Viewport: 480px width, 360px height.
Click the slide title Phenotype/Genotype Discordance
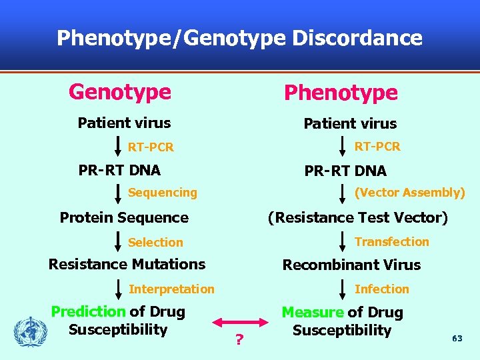pyautogui.click(x=239, y=38)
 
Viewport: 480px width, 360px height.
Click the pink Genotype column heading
pyautogui.click(x=120, y=91)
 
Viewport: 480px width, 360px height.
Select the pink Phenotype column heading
pyautogui.click(x=341, y=93)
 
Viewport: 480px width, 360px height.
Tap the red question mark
pyautogui.click(x=238, y=341)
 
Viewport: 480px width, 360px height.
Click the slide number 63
pyautogui.click(x=457, y=339)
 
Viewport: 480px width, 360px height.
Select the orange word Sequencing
pyautogui.click(x=162, y=193)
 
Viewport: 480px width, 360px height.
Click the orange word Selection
pyautogui.click(x=155, y=243)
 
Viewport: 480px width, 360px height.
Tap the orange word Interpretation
pyautogui.click(x=171, y=289)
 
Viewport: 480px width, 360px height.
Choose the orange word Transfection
pyautogui.click(x=391, y=241)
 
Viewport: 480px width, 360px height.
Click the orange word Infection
pyautogui.click(x=381, y=289)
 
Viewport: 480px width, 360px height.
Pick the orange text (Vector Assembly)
pyautogui.click(x=409, y=193)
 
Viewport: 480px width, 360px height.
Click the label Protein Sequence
pyautogui.click(x=124, y=217)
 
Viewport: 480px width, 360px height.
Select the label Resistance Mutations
pyautogui.click(x=127, y=264)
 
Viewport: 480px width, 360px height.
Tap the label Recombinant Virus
pyautogui.click(x=351, y=265)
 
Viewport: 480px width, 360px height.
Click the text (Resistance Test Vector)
pyautogui.click(x=357, y=217)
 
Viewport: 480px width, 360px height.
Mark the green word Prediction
pyautogui.click(x=88, y=311)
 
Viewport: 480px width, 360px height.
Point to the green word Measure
pyautogui.click(x=313, y=312)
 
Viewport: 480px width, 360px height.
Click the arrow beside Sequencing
pyautogui.click(x=118, y=192)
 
